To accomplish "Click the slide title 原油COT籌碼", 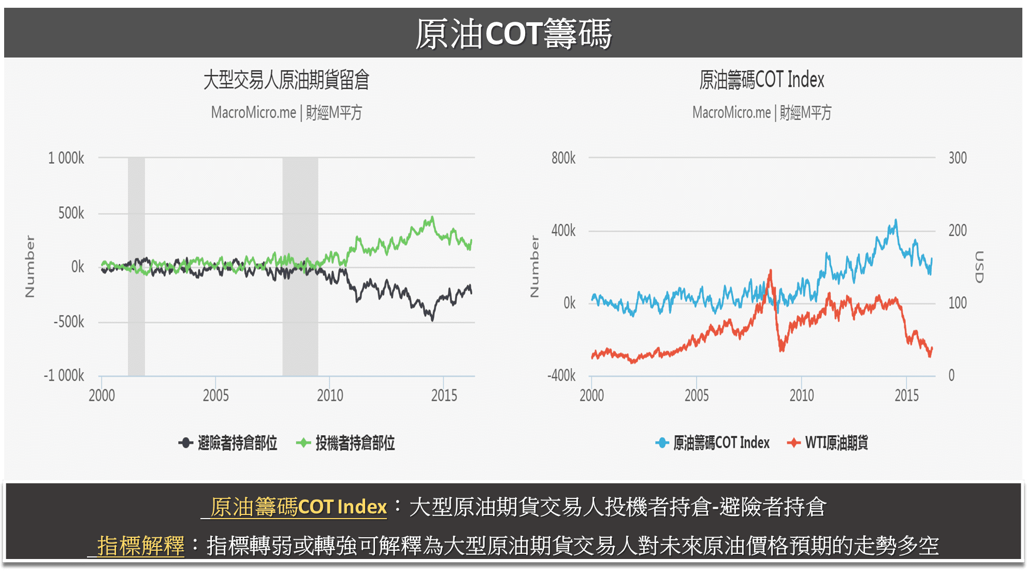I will point(513,34).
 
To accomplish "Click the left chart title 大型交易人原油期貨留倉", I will point(286,80).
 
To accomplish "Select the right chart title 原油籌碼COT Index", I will point(761,80).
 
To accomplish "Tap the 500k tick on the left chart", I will point(71,213).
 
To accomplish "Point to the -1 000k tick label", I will point(64,375).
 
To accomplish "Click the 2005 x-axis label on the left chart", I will point(215,396).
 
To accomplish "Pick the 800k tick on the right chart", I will point(563,158).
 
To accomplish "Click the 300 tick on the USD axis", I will point(957,158).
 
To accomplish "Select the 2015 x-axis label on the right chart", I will point(906,396).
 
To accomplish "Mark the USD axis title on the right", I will point(978,267).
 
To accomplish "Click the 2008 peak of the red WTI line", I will point(770,271).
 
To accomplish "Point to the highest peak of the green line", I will point(432,218).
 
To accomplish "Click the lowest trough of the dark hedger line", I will point(432,320).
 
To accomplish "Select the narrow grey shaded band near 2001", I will point(136,267).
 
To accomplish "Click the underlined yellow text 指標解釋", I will point(140,546).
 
